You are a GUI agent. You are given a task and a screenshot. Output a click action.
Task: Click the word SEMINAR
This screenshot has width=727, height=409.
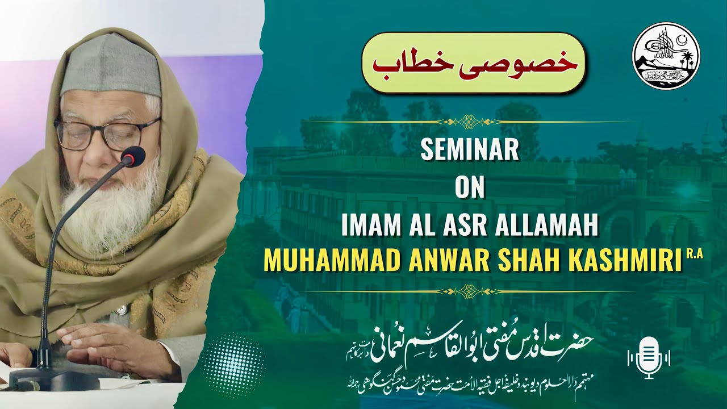click(x=470, y=151)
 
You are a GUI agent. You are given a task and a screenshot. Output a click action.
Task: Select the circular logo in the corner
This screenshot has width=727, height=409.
click(x=666, y=56)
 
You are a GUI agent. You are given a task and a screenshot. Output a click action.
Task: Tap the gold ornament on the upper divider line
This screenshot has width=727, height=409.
click(x=470, y=122)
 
